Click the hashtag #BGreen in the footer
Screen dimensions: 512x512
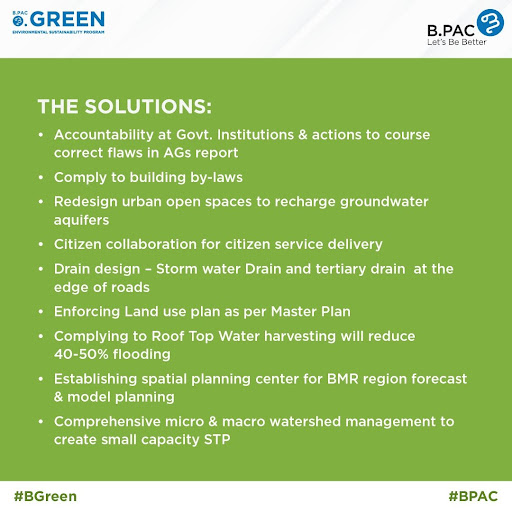[45, 496]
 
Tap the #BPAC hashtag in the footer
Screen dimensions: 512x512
[473, 496]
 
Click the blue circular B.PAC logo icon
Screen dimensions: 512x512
[490, 23]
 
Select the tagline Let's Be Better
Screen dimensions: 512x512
[457, 42]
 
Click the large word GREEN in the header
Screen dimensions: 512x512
[68, 19]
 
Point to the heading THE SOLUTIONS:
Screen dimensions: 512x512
[125, 107]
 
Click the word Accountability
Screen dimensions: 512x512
[104, 135]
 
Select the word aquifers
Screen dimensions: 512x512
[81, 220]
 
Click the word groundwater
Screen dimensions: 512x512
[384, 202]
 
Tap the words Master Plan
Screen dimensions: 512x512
[311, 312]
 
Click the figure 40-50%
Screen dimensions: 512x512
[81, 354]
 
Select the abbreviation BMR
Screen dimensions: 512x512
[343, 379]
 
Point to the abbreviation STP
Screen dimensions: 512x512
[217, 439]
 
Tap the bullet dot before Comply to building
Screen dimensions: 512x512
[41, 177]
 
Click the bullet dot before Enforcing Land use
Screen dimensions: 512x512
[41, 312]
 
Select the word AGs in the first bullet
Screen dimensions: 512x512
[177, 153]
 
